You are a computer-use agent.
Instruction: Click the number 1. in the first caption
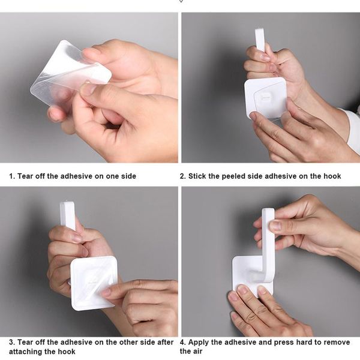point(11,176)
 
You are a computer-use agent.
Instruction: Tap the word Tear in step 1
point(26,176)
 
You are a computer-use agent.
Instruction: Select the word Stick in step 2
point(199,176)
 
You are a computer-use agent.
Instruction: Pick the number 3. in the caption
point(11,342)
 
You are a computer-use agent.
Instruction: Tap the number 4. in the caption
point(183,342)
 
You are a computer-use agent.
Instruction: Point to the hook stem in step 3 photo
point(67,215)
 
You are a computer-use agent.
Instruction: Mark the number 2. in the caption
point(183,176)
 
